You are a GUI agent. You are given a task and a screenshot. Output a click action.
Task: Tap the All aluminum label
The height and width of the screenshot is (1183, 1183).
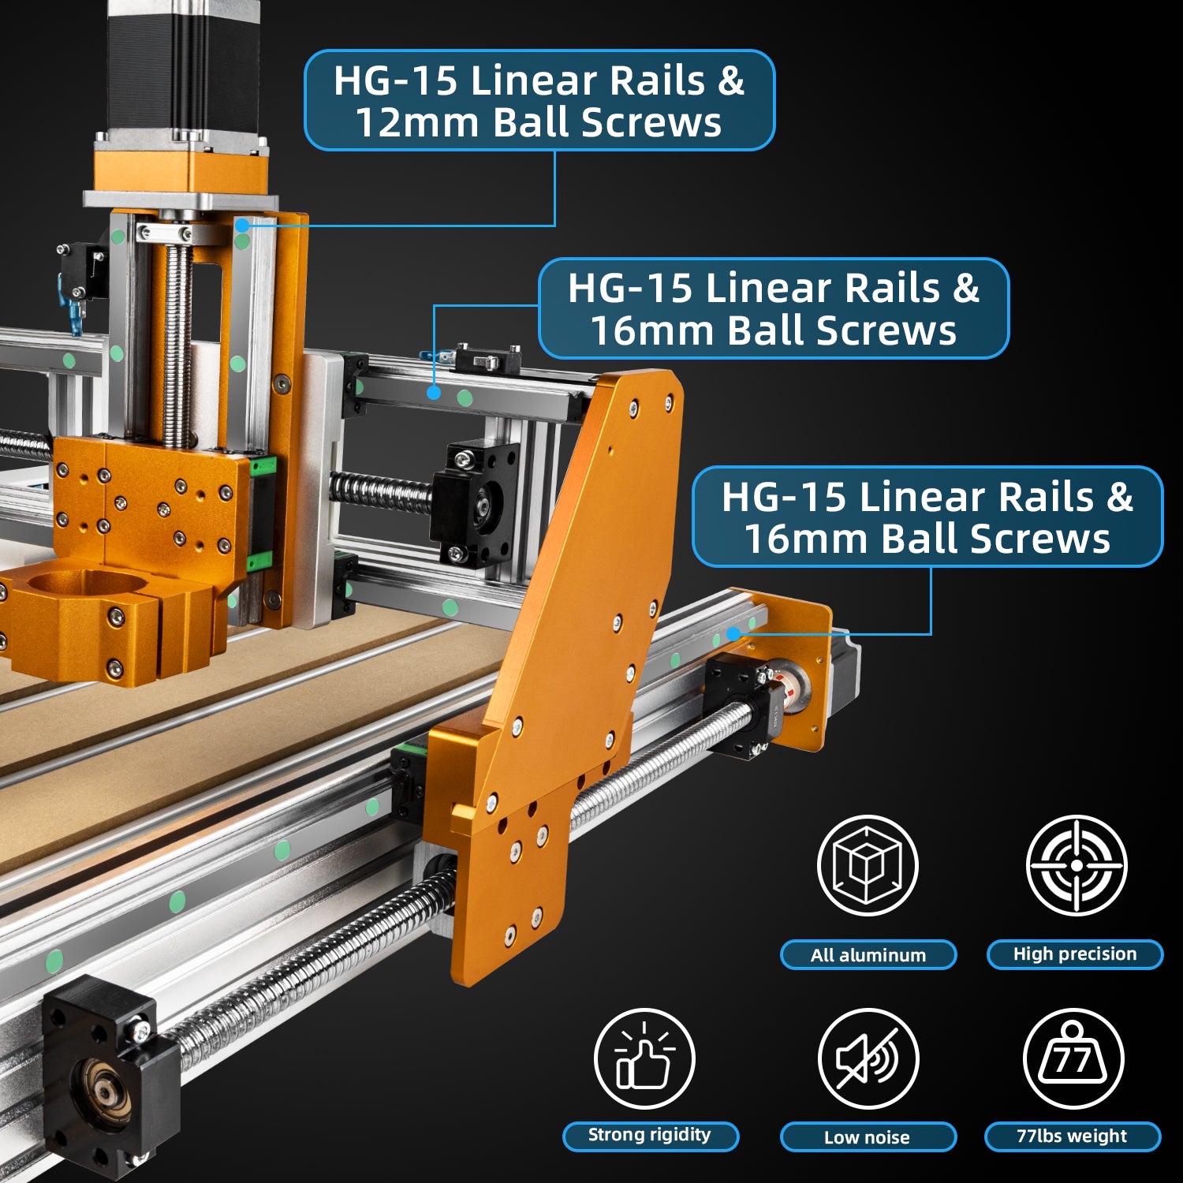point(868,955)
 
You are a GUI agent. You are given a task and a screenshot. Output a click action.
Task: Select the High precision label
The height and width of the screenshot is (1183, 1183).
point(1075,954)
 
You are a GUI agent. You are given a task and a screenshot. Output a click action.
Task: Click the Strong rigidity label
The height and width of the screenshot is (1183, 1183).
point(650,1136)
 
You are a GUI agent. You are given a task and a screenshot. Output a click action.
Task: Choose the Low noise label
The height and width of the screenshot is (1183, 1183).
point(868,1137)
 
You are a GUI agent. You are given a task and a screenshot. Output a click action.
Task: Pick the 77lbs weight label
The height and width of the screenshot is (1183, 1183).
point(1073,1136)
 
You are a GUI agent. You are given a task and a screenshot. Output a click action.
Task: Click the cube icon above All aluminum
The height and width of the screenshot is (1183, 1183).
point(868,865)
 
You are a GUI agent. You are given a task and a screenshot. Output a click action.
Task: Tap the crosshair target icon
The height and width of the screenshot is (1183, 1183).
point(1077,865)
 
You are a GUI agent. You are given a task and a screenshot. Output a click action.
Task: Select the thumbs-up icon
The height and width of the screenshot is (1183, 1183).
point(644,1058)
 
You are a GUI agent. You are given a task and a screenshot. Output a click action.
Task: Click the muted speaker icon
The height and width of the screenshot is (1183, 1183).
point(868,1058)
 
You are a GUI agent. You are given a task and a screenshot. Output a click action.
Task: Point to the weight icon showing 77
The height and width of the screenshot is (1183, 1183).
point(1073,1058)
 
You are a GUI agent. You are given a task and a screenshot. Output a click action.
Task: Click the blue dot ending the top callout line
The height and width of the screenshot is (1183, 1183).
point(243,226)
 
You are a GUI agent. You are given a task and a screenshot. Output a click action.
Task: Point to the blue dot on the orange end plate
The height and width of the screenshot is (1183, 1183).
point(733,633)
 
